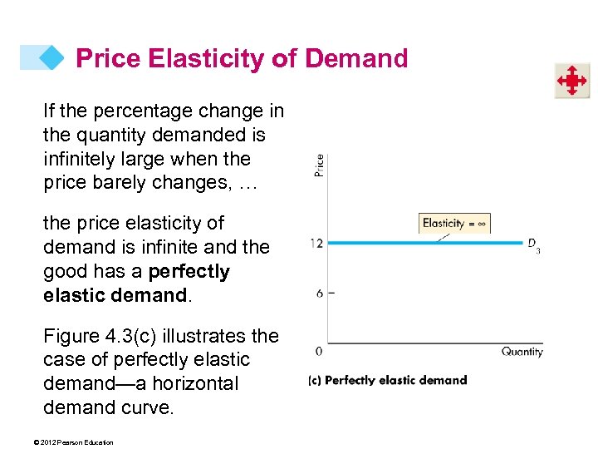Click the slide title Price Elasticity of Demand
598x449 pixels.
[242, 58]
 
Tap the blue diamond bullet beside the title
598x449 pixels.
[52, 57]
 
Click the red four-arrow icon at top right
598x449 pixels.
[572, 81]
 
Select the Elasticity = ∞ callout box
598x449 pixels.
[455, 223]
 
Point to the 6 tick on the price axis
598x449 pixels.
[321, 294]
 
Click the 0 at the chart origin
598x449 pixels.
[319, 352]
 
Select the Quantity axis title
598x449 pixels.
[522, 352]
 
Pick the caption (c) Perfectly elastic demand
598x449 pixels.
[387, 381]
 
